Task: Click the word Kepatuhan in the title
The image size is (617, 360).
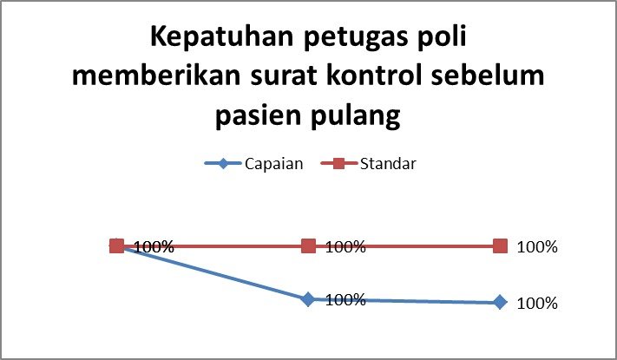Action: click(x=222, y=36)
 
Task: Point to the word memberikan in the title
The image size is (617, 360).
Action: click(x=156, y=75)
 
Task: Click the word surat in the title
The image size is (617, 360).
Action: click(x=284, y=76)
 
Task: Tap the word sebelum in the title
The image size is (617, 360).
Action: click(x=488, y=75)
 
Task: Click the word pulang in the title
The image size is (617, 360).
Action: click(x=355, y=117)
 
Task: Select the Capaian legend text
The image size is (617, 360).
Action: click(x=274, y=164)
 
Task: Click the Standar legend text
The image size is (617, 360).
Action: click(x=388, y=164)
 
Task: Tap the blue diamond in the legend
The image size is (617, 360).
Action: click(x=223, y=163)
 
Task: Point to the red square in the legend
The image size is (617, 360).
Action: click(x=338, y=163)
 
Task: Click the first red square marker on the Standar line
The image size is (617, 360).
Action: click(x=117, y=246)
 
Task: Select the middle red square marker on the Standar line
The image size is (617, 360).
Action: click(x=309, y=246)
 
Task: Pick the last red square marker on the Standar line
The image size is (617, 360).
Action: click(x=500, y=246)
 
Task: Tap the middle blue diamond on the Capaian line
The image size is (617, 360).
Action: click(x=309, y=299)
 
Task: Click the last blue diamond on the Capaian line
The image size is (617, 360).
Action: click(x=500, y=303)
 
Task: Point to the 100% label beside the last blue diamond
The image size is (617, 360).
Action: click(x=537, y=304)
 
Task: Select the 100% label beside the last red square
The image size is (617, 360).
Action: click(x=537, y=247)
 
